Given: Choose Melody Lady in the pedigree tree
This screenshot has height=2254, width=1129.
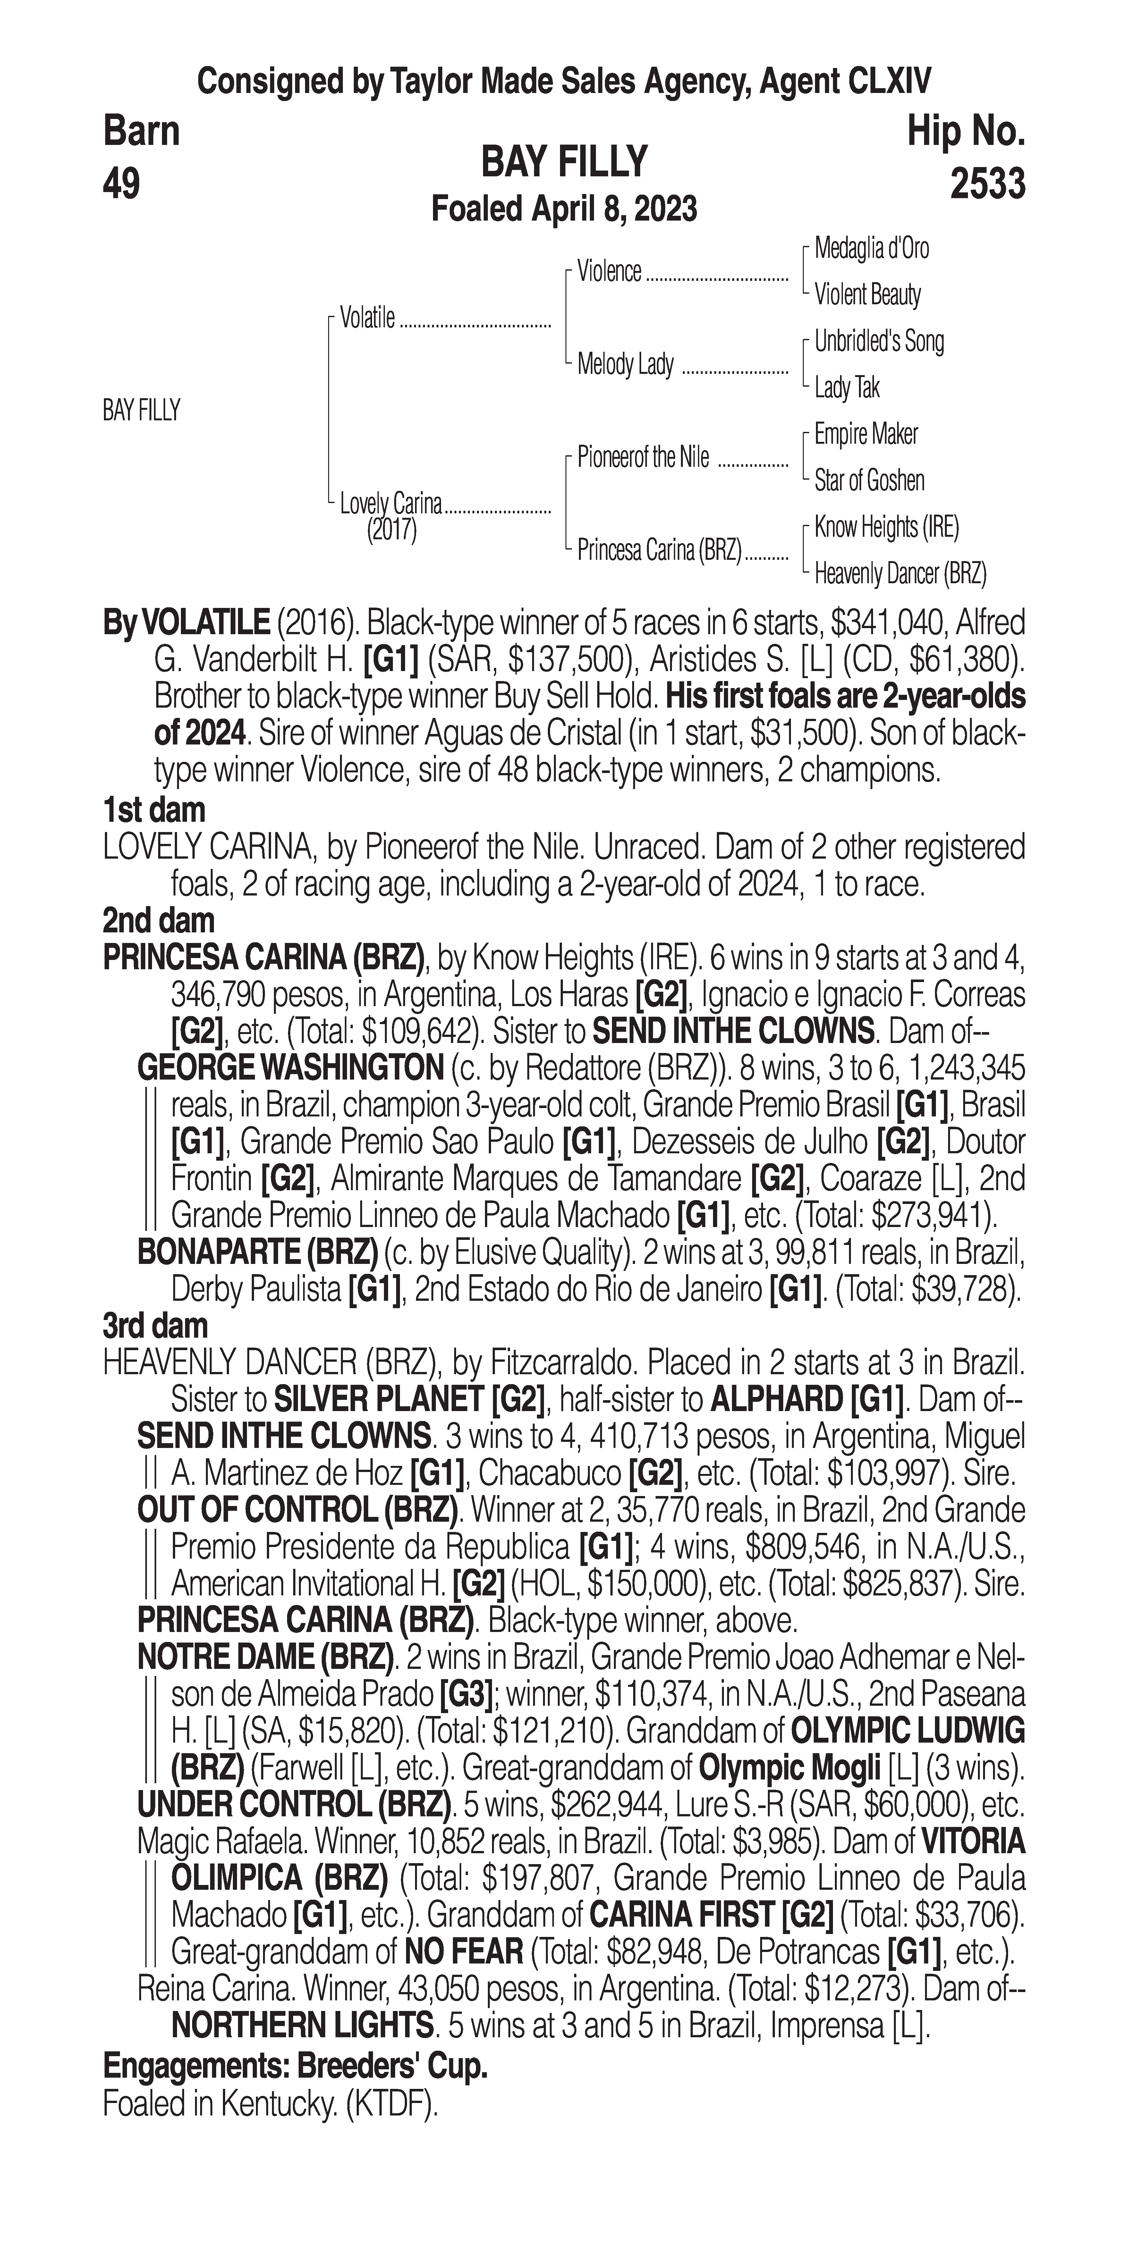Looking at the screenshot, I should [625, 364].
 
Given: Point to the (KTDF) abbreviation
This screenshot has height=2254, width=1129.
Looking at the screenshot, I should [391, 2104].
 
